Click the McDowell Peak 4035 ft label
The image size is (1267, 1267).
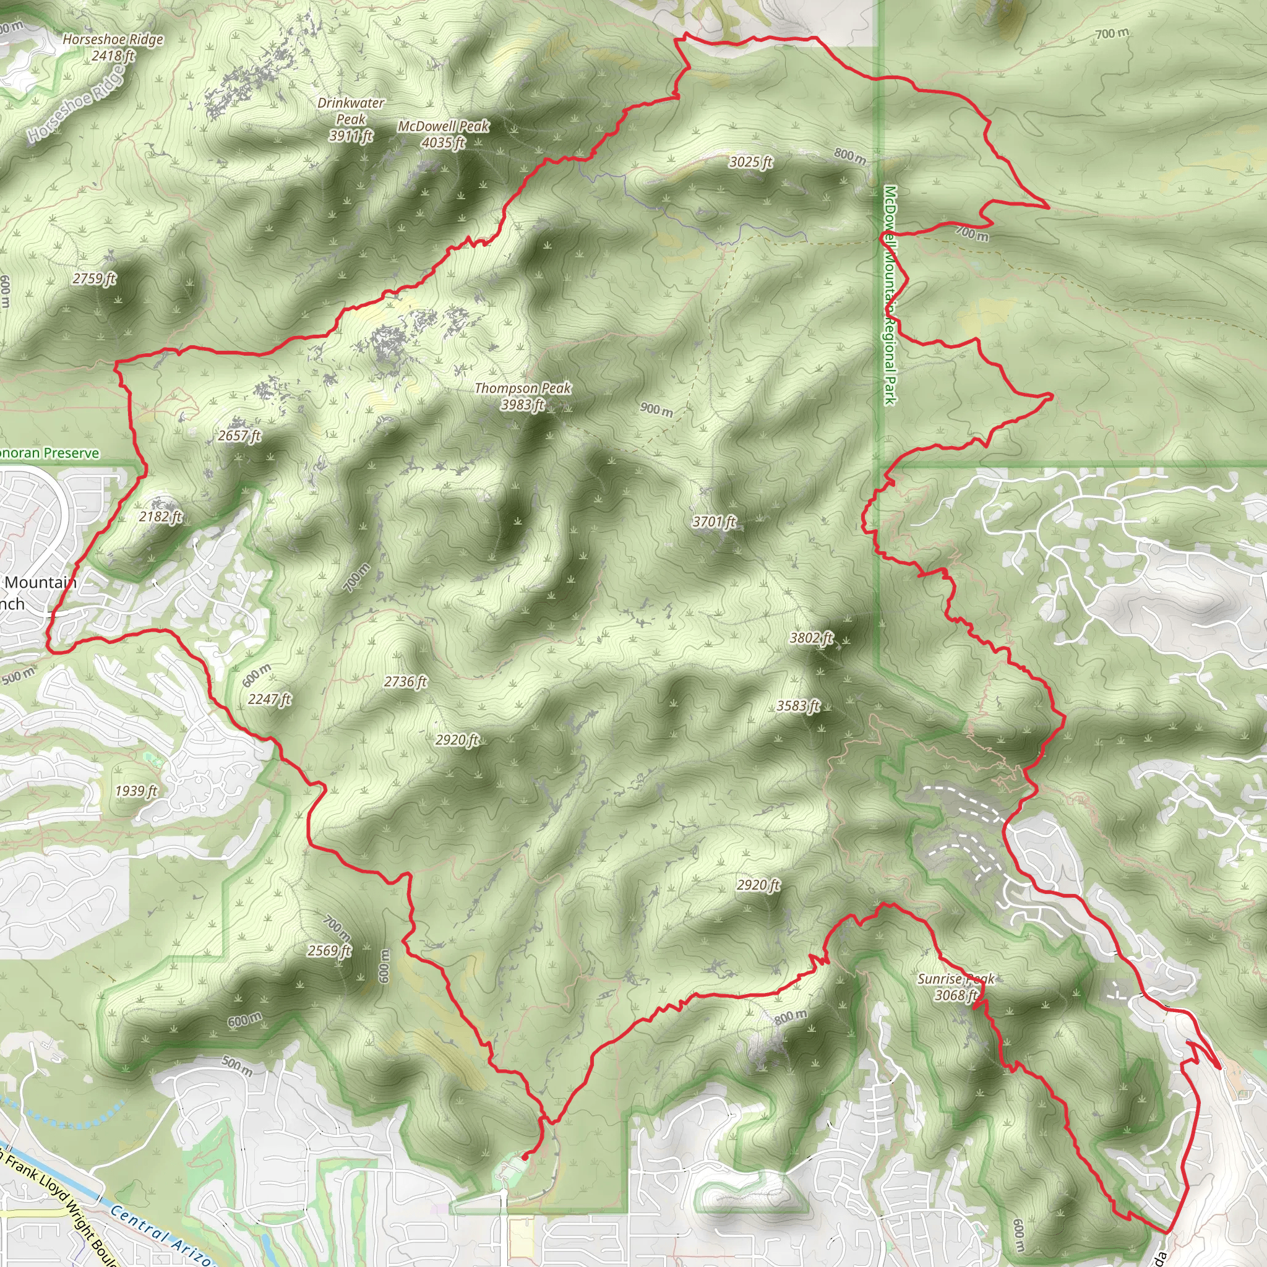point(444,134)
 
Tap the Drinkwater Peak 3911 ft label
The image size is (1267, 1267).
point(351,119)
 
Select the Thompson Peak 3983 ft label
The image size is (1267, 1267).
point(523,396)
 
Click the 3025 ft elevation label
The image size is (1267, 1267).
point(750,161)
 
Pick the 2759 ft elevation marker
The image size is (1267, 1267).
point(94,279)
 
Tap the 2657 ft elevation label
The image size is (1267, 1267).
point(239,436)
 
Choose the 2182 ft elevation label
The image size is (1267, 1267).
point(160,517)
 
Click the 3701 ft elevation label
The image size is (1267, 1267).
point(714,522)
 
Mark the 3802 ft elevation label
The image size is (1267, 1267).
point(811,637)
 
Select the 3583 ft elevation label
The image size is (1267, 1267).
point(798,706)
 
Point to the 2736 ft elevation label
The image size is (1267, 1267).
point(405,681)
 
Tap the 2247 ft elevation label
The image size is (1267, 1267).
point(270,699)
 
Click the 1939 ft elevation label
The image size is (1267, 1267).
point(135,790)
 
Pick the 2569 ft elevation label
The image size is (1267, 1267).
point(329,950)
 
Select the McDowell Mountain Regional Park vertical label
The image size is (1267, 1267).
point(890,295)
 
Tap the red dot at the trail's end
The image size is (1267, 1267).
point(525,1157)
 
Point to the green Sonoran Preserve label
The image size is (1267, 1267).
point(49,452)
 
